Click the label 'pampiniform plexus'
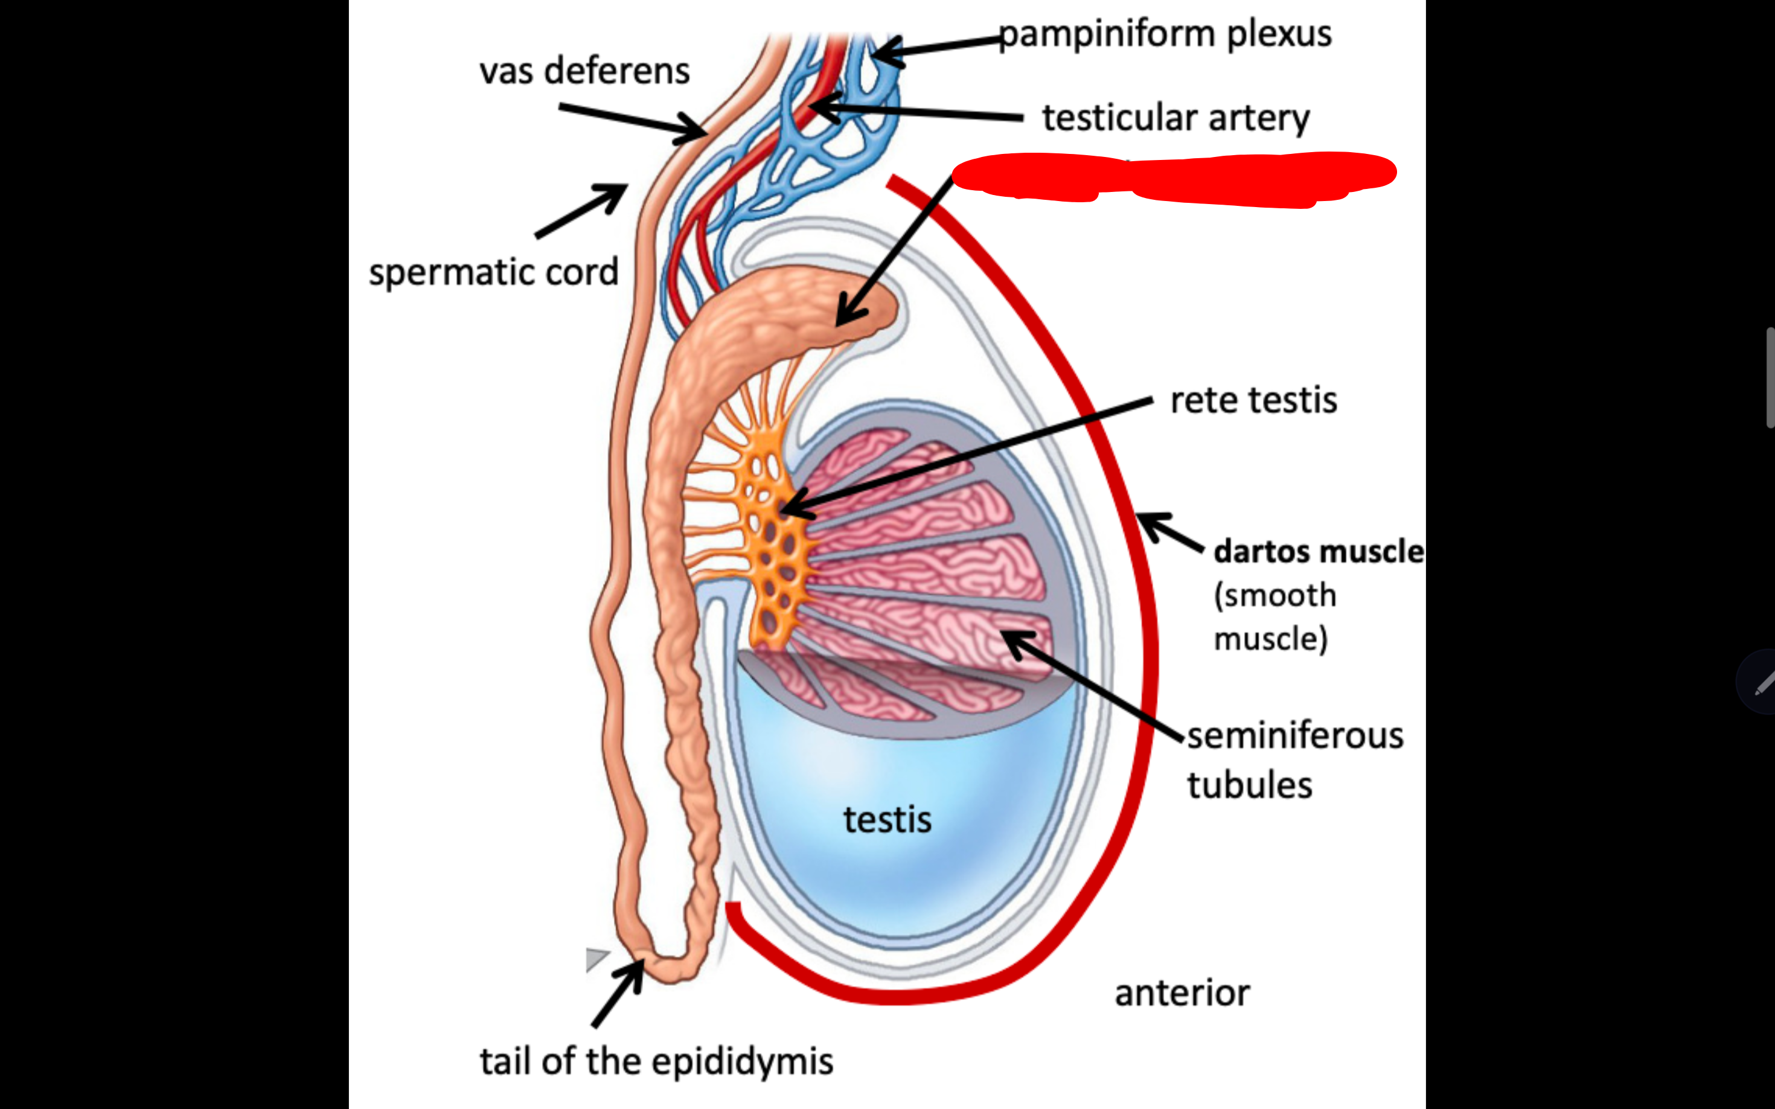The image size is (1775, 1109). (x=1165, y=34)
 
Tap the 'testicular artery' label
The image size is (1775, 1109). (x=1175, y=118)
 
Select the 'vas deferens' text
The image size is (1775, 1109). (x=584, y=71)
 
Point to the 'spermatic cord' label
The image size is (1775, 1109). (x=494, y=272)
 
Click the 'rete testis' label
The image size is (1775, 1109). (x=1253, y=400)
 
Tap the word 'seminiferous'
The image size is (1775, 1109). (x=1294, y=736)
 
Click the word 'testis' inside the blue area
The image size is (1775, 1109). (x=887, y=819)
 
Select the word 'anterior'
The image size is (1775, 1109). (x=1182, y=993)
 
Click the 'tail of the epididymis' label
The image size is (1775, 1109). (x=656, y=1061)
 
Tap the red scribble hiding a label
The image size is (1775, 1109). (x=1174, y=178)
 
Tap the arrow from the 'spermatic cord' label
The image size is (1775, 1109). (x=581, y=211)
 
